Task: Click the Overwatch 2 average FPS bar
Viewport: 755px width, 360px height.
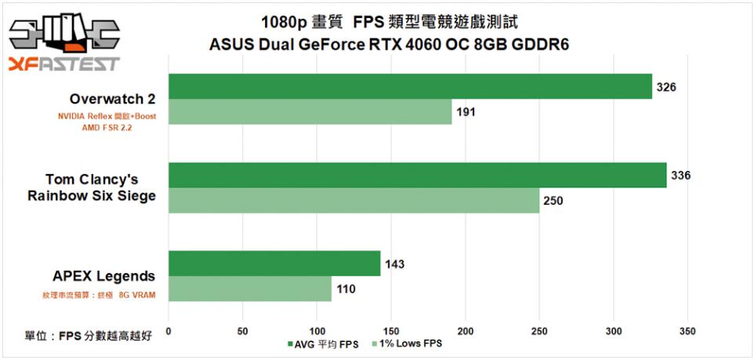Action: [410, 86]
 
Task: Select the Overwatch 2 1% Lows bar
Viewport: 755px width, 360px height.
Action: [310, 112]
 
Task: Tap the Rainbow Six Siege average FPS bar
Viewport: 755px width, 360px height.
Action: [417, 175]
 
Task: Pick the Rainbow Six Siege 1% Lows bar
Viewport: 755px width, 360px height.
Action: [354, 201]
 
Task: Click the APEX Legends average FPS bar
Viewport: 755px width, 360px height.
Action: [274, 264]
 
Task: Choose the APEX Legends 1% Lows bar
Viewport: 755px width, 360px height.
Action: [250, 289]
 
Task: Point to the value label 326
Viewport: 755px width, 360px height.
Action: [666, 86]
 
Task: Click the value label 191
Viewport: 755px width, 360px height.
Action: [466, 112]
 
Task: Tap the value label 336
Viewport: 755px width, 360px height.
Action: [681, 175]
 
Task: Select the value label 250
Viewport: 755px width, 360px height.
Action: [553, 201]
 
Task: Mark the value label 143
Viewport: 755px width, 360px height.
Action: [394, 264]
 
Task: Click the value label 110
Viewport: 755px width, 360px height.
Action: [346, 289]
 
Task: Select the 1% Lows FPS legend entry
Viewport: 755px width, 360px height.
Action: [408, 344]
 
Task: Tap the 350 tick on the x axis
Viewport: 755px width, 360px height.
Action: [688, 330]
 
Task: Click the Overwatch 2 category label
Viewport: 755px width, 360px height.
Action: [112, 100]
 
